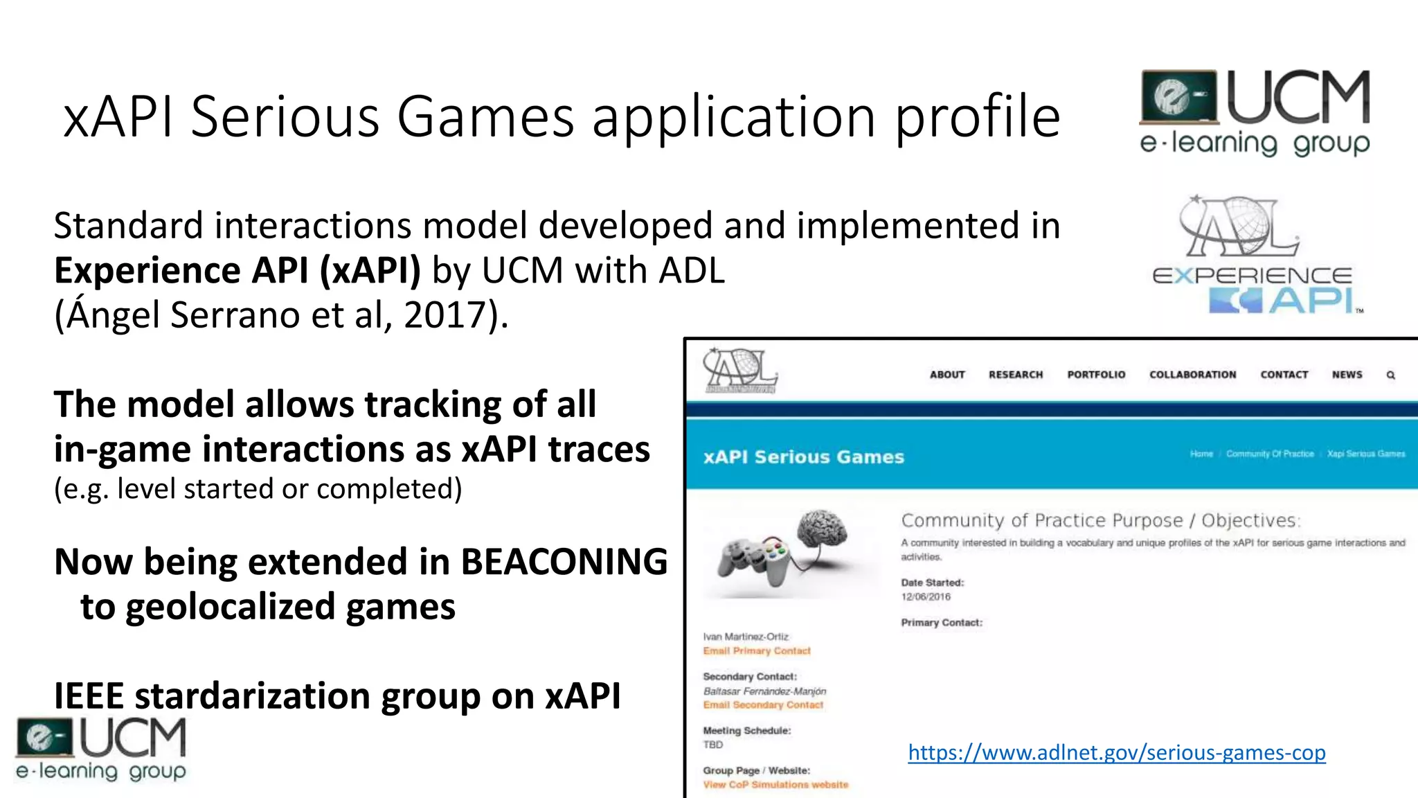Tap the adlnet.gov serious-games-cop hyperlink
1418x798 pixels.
tap(1116, 752)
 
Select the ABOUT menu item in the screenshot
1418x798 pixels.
tap(947, 375)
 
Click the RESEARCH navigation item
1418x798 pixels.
tap(1015, 375)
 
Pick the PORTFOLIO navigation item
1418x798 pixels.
tap(1096, 375)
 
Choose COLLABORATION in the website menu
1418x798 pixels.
tap(1192, 375)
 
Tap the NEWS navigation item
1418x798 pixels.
tap(1347, 375)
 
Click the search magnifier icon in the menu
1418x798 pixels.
tap(1390, 375)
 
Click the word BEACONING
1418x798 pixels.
tap(564, 562)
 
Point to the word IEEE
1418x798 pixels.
tap(89, 695)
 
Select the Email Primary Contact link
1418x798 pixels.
tap(756, 651)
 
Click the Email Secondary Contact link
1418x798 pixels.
tap(763, 705)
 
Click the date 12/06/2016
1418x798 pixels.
tap(926, 597)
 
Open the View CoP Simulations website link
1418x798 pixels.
tap(775, 785)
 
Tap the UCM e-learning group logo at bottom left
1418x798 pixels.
tap(101, 750)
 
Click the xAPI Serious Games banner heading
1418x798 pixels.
tap(803, 457)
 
